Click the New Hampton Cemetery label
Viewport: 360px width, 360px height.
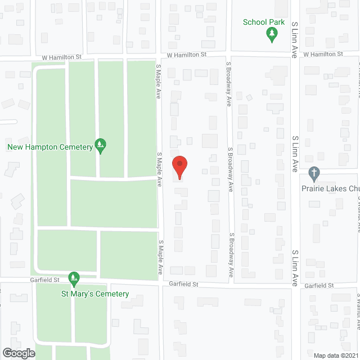(x=49, y=147)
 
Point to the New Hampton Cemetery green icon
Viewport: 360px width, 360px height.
(x=100, y=146)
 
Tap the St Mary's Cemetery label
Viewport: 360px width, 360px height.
(x=95, y=294)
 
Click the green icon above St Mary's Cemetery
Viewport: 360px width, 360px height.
(x=74, y=278)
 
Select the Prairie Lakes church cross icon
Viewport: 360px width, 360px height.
(x=314, y=173)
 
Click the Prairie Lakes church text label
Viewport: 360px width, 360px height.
(x=329, y=188)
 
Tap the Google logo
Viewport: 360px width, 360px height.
(x=18, y=353)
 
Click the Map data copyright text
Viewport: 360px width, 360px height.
(x=336, y=355)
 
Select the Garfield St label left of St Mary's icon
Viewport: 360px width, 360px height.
(x=44, y=280)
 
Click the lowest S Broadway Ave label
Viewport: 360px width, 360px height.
(x=231, y=255)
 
